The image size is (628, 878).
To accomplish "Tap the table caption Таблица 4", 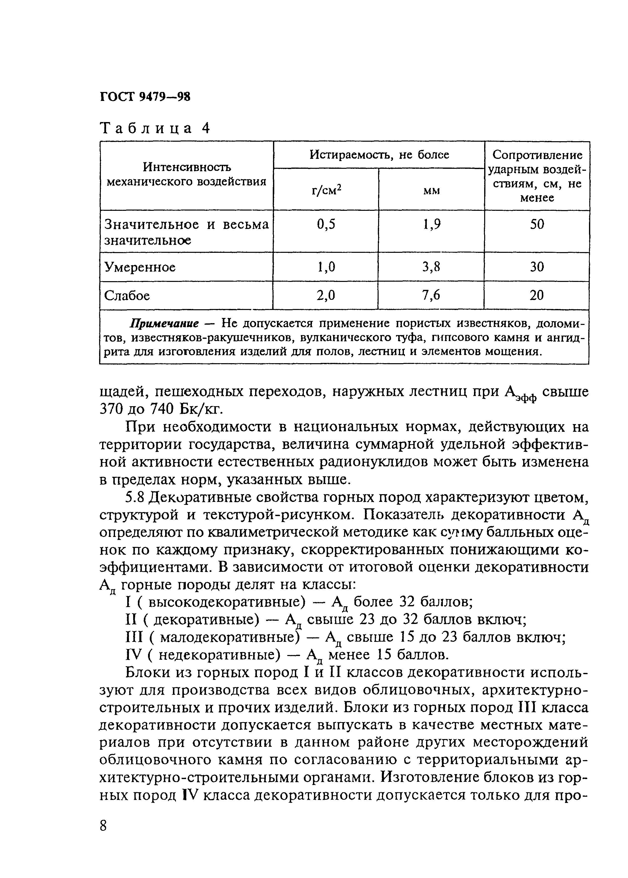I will [x=155, y=128].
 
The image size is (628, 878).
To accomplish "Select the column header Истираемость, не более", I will [x=379, y=155].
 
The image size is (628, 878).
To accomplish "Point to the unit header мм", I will [x=432, y=191].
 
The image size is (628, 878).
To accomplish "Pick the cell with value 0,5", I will [x=326, y=225].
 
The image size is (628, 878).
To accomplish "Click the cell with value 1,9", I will [x=432, y=225].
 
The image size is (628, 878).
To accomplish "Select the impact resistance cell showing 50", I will [x=537, y=225].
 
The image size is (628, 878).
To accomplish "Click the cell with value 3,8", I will [x=432, y=267].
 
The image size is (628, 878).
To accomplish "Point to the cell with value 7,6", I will [x=431, y=296].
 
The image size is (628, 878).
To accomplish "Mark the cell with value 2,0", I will [x=326, y=296].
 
